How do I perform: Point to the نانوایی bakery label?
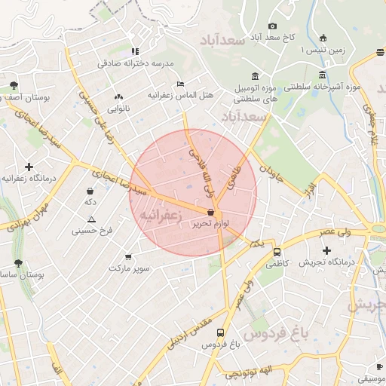pyautogui.click(x=118, y=109)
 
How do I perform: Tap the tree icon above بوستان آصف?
pyautogui.click(x=14, y=85)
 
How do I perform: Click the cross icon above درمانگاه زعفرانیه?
pyautogui.click(x=29, y=167)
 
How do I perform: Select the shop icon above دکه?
pyautogui.click(x=90, y=191)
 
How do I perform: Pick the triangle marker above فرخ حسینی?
pyautogui.click(x=91, y=219)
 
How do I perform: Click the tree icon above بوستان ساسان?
pyautogui.click(x=17, y=263)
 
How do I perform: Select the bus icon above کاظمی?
pyautogui.click(x=277, y=253)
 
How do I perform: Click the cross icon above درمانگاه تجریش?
pyautogui.click(x=326, y=250)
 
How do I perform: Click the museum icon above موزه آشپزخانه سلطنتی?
pyautogui.click(x=323, y=75)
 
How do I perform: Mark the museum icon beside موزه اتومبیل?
pyautogui.click(x=253, y=76)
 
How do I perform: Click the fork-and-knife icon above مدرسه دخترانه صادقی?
pyautogui.click(x=135, y=51)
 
